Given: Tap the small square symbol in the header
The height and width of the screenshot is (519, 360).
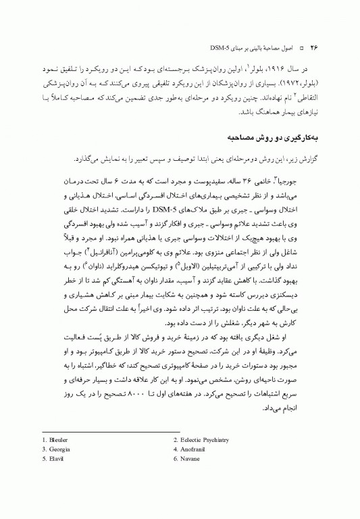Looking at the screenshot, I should point(302,49).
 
